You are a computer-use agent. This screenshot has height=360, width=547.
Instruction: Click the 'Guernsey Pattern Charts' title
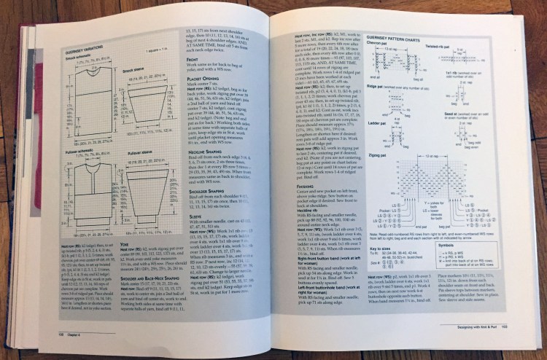tap(399, 35)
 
